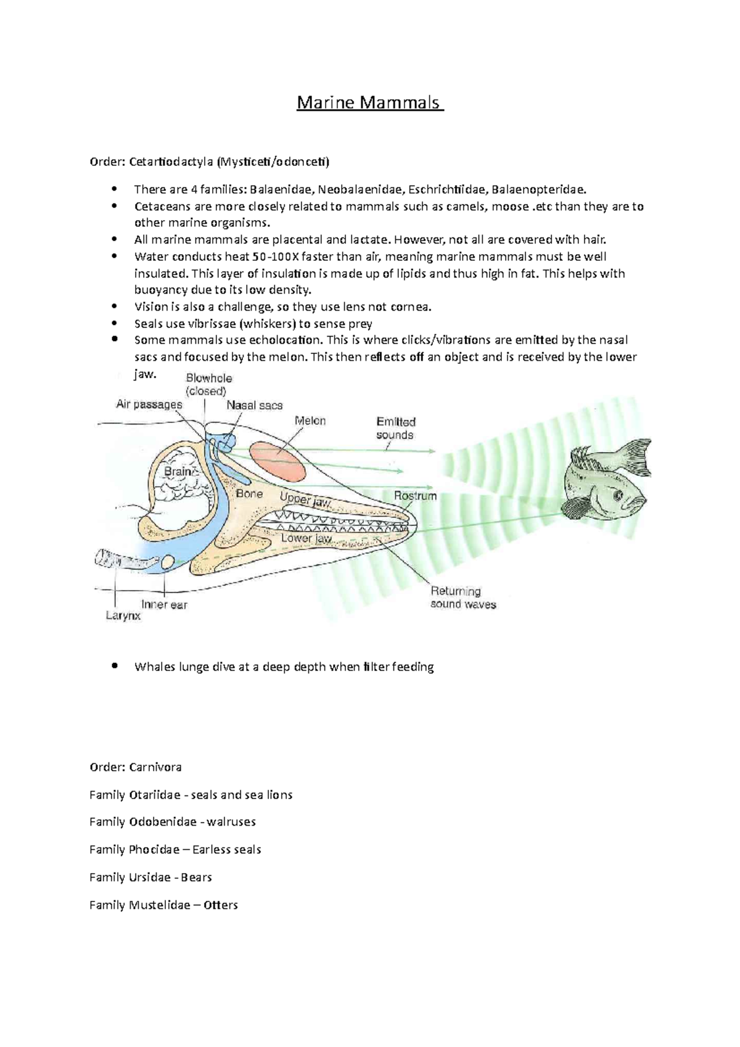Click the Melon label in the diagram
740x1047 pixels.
(x=310, y=421)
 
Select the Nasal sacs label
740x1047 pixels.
(x=254, y=406)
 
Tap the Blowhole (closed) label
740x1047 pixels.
(x=208, y=385)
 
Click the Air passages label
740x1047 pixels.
(x=149, y=404)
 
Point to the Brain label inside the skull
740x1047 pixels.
(x=178, y=472)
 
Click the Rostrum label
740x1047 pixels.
(x=415, y=496)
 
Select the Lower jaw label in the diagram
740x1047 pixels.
(x=306, y=538)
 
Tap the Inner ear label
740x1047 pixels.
(x=164, y=605)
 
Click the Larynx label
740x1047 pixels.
(x=123, y=615)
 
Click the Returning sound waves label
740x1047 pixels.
(x=462, y=597)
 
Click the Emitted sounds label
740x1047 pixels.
(x=396, y=428)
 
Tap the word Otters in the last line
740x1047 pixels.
(x=221, y=905)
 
